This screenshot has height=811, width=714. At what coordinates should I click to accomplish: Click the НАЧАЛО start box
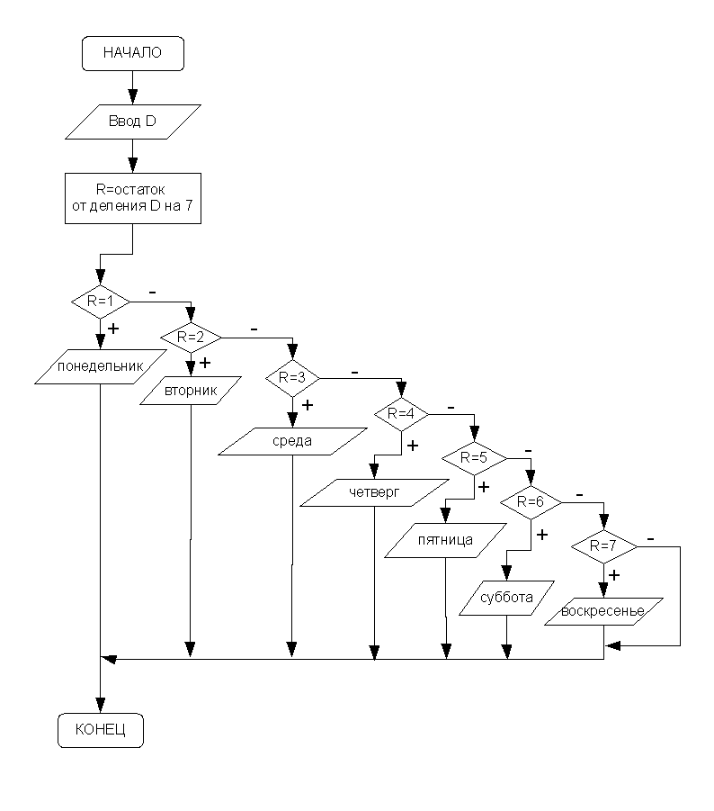tap(132, 53)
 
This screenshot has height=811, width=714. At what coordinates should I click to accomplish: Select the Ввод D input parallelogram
tap(132, 122)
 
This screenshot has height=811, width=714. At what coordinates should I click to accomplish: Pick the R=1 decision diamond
tap(99, 300)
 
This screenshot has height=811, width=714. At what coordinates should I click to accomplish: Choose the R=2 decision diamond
tap(192, 337)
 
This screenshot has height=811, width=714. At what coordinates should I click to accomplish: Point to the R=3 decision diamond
tap(292, 377)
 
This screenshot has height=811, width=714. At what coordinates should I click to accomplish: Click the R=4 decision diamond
tap(402, 415)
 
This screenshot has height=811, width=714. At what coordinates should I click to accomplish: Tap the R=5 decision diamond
tap(474, 457)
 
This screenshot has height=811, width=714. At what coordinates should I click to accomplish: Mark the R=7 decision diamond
tap(603, 545)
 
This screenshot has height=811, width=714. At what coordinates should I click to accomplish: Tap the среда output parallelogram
tap(292, 441)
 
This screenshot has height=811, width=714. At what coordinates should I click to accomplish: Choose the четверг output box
tap(373, 492)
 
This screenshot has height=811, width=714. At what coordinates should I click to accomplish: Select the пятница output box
tap(445, 541)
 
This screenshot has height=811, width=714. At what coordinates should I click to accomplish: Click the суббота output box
tap(509, 597)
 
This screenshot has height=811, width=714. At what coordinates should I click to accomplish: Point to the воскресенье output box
tap(603, 612)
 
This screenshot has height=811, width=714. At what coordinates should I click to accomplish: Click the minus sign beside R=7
tap(649, 538)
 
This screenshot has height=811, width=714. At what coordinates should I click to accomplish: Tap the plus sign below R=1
tap(113, 329)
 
